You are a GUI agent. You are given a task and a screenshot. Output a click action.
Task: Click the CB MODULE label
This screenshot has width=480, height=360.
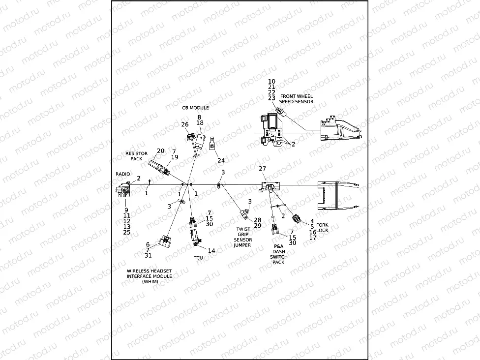(195, 108)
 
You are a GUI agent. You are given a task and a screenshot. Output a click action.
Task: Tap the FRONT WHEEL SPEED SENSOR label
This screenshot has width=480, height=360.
(296, 99)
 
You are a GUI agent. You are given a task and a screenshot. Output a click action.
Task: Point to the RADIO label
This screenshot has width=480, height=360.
(123, 174)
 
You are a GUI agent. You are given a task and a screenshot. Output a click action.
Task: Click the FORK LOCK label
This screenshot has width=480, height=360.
(323, 227)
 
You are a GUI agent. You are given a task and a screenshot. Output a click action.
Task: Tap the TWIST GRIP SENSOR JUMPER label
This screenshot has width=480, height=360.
(242, 237)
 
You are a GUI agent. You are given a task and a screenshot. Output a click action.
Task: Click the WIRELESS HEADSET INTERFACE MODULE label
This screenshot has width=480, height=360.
(150, 276)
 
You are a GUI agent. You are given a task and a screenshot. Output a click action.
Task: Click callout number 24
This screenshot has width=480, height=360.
(221, 160)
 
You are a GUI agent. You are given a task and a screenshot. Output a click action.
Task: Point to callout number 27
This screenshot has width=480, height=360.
(262, 169)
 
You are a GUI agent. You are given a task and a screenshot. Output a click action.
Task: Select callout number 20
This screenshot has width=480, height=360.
(160, 150)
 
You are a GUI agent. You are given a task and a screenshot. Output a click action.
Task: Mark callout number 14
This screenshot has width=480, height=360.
(211, 250)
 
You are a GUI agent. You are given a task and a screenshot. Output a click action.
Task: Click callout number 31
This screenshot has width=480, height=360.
(149, 255)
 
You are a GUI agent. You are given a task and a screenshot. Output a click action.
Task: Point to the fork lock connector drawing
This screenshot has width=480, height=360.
(297, 219)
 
